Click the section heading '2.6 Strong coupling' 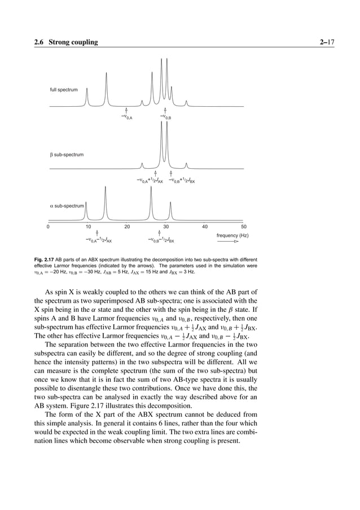coord(65,42)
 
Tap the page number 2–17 coord(326,42)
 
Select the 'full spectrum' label coord(63,90)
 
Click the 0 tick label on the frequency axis coord(48,226)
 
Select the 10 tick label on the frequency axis coord(88,226)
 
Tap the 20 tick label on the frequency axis coord(127,226)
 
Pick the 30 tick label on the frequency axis coord(166,226)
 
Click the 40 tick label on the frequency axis coord(205,226)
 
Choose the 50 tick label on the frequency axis coord(244,226)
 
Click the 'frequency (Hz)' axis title coord(232,235)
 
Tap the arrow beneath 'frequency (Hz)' coord(228,242)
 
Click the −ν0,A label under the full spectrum coord(126,117)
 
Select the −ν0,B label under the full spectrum coord(165,117)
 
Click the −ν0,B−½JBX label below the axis coord(161,240)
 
